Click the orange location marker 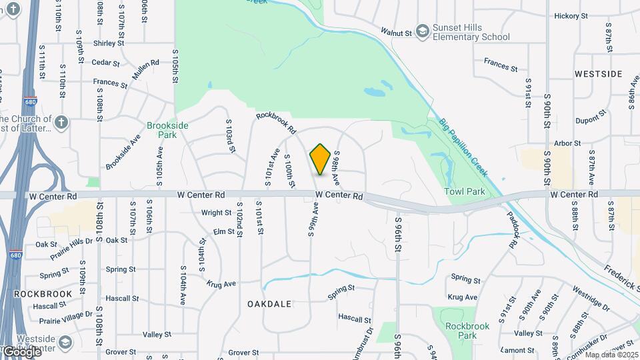[320, 159]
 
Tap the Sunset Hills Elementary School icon [422, 31]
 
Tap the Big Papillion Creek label [464, 148]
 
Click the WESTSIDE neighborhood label [598, 74]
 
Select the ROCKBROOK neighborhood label [38, 293]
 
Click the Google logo [21, 351]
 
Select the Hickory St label [571, 15]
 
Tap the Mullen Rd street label [145, 69]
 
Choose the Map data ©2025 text [611, 355]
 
